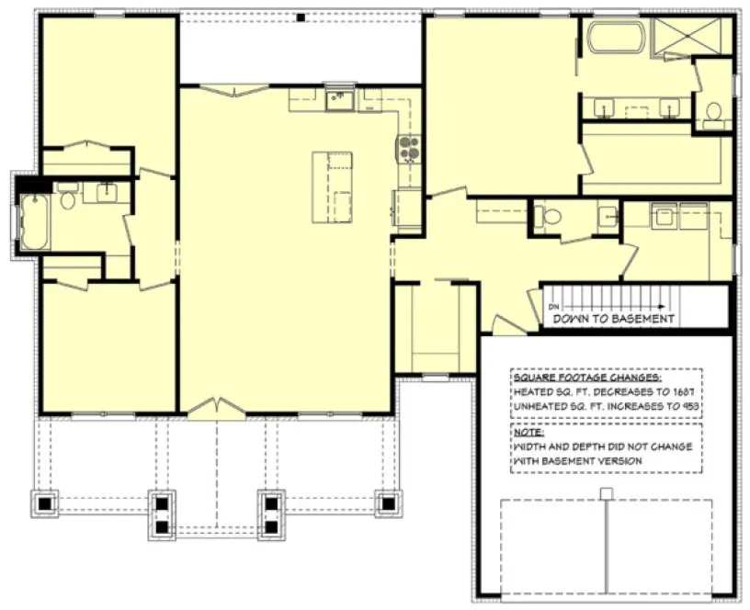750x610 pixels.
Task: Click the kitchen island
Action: point(333,187)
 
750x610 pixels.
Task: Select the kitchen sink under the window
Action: point(339,97)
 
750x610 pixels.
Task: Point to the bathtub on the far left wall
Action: point(34,222)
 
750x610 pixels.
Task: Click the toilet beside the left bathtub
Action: point(66,199)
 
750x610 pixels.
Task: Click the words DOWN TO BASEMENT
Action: point(614,319)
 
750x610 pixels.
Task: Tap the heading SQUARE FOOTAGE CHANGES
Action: point(586,378)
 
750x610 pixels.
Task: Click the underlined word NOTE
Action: point(528,431)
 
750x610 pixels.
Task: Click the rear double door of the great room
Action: point(235,89)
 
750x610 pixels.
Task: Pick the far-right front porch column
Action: point(387,503)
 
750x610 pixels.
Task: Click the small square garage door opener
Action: point(606,494)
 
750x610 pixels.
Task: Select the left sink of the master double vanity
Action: point(604,107)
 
